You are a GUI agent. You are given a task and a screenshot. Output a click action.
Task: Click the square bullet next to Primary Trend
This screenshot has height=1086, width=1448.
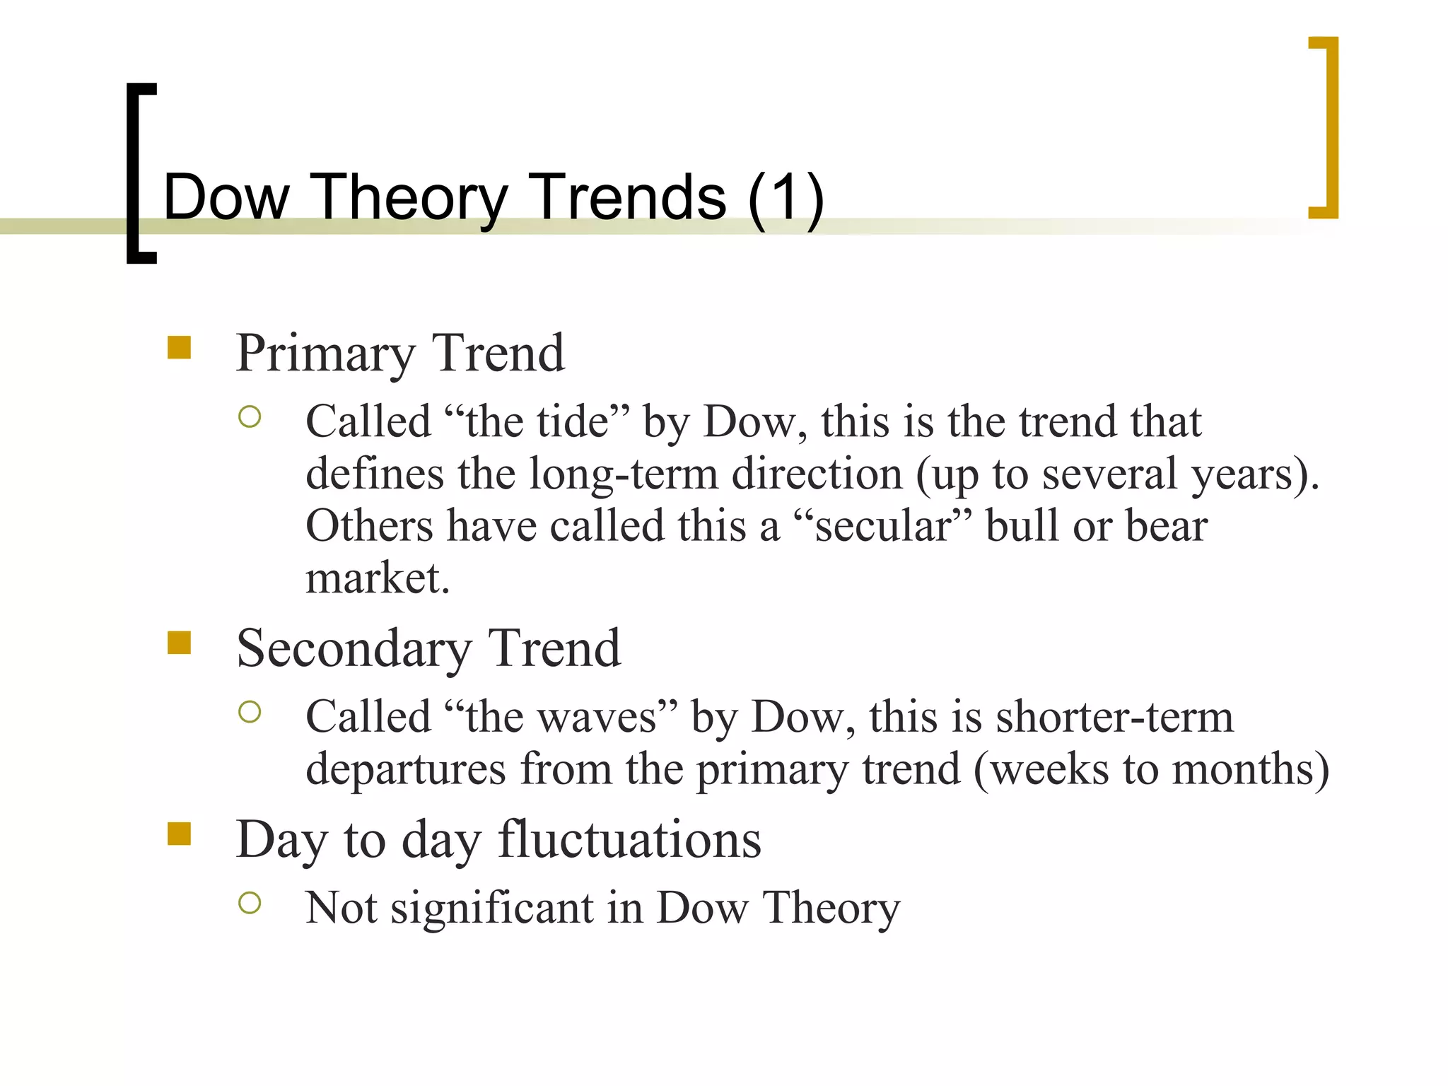[x=180, y=348]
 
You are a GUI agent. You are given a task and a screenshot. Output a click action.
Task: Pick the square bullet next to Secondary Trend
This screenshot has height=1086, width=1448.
[x=180, y=643]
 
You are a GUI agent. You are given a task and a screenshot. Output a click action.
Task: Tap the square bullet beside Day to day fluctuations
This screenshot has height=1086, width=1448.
[x=180, y=834]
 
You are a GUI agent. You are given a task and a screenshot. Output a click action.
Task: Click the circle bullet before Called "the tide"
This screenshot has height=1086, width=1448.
[x=250, y=417]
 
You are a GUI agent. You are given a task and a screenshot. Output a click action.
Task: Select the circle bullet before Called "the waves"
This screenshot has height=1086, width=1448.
[x=250, y=712]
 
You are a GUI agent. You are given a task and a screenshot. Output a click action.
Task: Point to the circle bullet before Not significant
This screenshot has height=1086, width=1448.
[x=250, y=903]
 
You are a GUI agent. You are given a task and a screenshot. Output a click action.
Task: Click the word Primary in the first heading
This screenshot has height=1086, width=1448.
[x=325, y=354]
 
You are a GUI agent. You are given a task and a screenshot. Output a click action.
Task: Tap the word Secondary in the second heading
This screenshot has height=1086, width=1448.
[x=354, y=648]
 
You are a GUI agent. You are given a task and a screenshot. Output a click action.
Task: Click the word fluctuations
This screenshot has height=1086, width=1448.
[x=629, y=840]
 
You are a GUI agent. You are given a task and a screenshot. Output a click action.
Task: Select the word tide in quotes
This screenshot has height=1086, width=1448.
[x=573, y=422]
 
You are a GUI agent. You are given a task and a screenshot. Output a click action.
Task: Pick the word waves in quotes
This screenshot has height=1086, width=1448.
[x=597, y=717]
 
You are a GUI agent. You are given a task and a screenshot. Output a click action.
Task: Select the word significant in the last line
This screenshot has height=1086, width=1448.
[x=492, y=908]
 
